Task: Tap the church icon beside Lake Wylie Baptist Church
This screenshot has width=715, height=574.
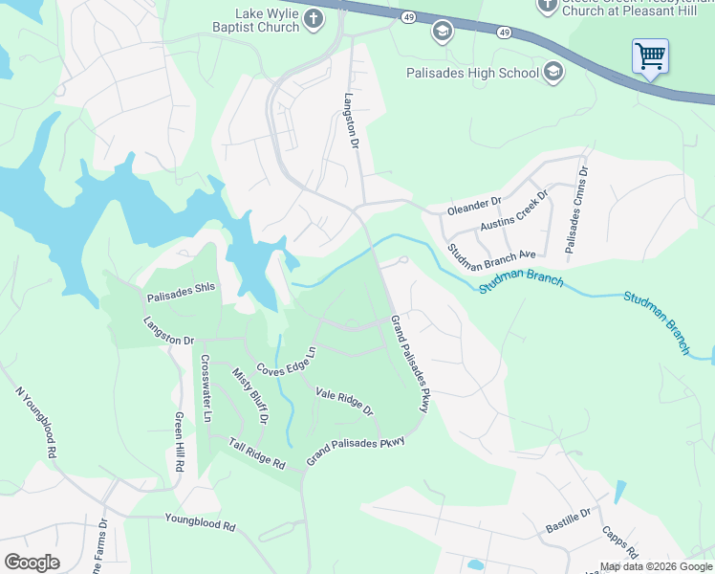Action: pyautogui.click(x=314, y=19)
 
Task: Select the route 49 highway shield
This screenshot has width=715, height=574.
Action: pyautogui.click(x=408, y=19)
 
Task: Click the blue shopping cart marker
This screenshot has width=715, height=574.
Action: pyautogui.click(x=650, y=56)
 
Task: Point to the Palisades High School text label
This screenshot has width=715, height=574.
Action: pyautogui.click(x=472, y=72)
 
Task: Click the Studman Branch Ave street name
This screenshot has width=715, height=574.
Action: pyautogui.click(x=491, y=254)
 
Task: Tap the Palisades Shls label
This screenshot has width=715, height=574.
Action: pyautogui.click(x=183, y=287)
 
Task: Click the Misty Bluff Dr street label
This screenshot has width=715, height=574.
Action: pyautogui.click(x=251, y=394)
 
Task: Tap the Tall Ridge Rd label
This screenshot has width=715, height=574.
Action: pyautogui.click(x=257, y=453)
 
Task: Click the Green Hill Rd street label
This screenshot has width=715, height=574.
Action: pyautogui.click(x=179, y=442)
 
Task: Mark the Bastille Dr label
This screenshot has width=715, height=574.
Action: pyautogui.click(x=569, y=522)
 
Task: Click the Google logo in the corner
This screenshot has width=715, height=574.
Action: pyautogui.click(x=32, y=563)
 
